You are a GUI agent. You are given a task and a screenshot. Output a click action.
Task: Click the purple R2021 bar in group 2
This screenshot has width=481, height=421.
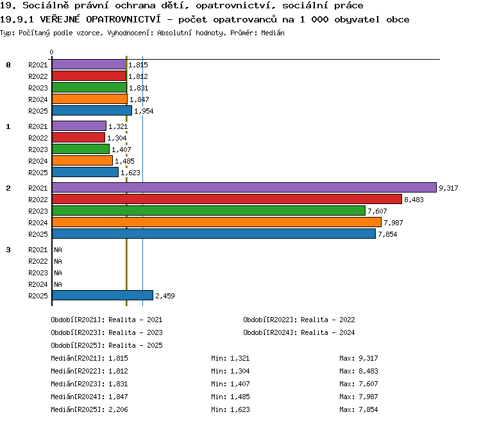tap(244, 187)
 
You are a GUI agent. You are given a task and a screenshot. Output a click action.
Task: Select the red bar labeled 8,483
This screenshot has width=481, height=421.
tap(227, 200)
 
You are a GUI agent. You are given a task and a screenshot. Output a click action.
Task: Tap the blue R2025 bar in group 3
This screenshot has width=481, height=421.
tap(103, 295)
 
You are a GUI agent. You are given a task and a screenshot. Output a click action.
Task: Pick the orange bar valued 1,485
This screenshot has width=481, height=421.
tap(82, 161)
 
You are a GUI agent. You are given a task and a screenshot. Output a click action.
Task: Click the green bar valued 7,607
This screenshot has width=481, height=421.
tap(208, 211)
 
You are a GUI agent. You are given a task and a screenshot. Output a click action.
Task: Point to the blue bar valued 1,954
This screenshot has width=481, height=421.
tap(92, 111)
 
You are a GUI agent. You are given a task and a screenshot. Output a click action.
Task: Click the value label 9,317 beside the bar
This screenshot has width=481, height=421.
tap(448, 188)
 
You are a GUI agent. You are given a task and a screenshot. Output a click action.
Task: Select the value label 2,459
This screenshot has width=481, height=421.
tap(165, 296)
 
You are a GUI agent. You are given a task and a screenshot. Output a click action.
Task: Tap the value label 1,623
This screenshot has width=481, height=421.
tap(130, 173)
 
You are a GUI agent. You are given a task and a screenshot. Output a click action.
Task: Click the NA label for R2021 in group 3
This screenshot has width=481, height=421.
tap(58, 250)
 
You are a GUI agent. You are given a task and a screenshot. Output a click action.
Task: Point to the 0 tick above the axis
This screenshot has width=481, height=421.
tap(51, 52)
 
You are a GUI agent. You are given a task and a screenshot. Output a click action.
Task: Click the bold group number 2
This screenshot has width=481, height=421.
tap(8, 188)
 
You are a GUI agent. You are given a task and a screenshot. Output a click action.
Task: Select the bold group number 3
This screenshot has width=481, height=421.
tap(8, 250)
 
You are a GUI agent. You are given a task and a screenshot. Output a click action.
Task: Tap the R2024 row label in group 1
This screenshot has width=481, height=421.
tap(38, 161)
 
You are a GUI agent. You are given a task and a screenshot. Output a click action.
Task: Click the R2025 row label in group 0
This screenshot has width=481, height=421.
tap(38, 111)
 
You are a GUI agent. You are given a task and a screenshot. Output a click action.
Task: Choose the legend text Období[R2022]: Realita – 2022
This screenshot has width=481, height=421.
tap(299, 320)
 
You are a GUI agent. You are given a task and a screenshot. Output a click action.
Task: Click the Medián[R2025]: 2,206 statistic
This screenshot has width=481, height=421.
tap(89, 409)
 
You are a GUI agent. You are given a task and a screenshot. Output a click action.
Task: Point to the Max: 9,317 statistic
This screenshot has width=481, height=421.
tap(359, 358)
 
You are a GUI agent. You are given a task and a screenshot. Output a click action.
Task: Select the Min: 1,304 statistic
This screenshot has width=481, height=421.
tap(230, 371)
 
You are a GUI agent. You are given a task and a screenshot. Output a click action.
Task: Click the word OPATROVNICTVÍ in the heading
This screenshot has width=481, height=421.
tap(123, 19)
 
